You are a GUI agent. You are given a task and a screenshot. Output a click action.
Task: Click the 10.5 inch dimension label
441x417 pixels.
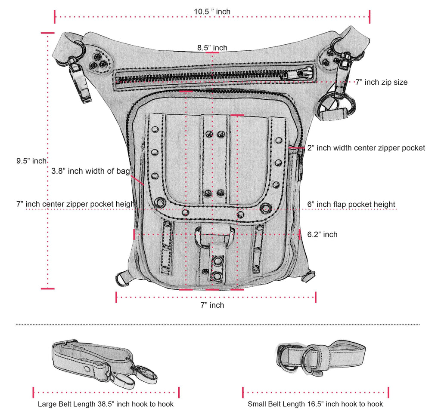point(212,12)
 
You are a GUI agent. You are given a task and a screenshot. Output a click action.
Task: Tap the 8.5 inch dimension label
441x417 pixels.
point(212,48)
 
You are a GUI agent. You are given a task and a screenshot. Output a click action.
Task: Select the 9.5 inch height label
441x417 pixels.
point(31,161)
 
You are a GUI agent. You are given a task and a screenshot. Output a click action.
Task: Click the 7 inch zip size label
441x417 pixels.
point(381,82)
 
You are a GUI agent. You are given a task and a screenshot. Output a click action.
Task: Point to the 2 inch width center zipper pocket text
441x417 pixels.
point(366,148)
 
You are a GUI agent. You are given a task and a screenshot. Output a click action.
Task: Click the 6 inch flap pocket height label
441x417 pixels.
point(351,204)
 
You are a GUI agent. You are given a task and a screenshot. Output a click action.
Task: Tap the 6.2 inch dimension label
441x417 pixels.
point(322,234)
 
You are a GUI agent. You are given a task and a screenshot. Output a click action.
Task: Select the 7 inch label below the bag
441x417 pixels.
point(212,305)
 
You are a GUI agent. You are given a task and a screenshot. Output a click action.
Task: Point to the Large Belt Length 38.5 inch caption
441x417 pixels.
point(106,404)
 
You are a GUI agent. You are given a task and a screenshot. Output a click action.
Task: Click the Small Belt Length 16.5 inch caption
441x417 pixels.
point(315,404)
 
